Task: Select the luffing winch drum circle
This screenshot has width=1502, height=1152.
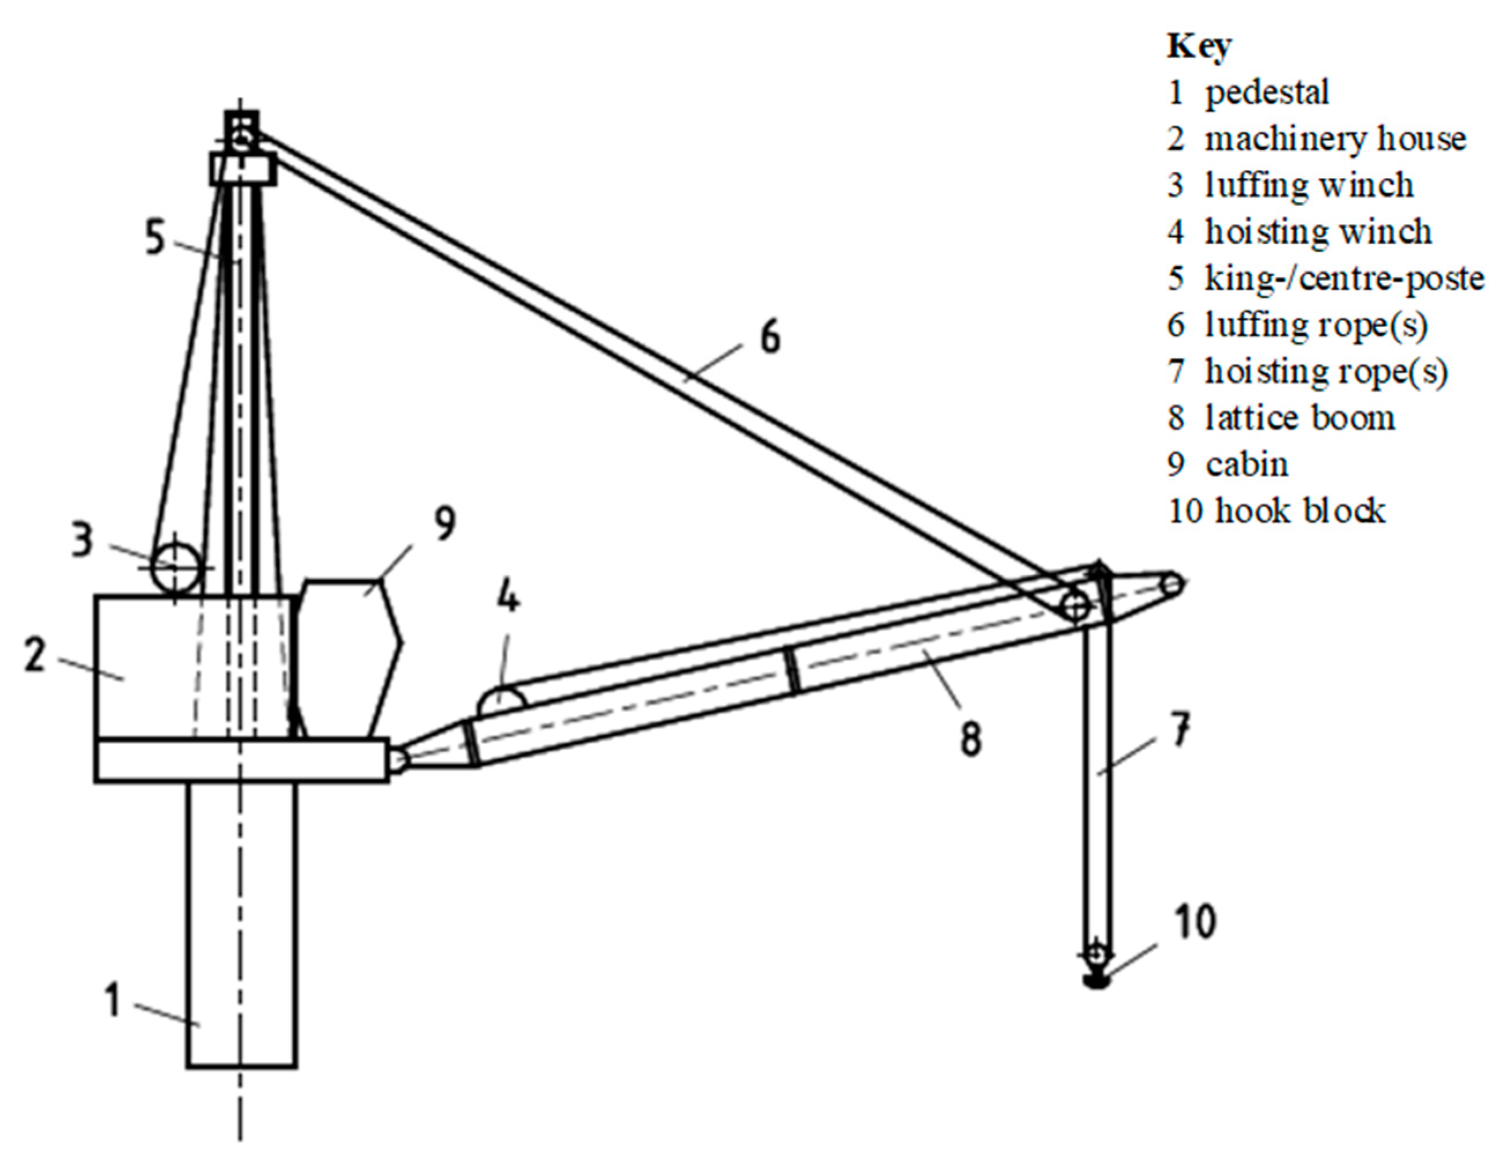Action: [x=176, y=566]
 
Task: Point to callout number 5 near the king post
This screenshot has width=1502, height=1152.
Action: [x=155, y=238]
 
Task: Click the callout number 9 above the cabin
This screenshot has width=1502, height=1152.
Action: [x=444, y=525]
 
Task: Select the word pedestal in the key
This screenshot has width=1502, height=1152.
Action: [x=1267, y=92]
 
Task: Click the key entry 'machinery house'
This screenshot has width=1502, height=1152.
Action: [x=1334, y=139]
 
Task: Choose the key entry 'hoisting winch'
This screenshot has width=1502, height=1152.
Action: [x=1318, y=232]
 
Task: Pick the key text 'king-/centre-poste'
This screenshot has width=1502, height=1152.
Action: [x=1344, y=278]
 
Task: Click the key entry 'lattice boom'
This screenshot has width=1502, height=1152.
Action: [x=1300, y=418]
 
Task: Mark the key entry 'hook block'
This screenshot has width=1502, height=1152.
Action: [x=1300, y=511]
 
